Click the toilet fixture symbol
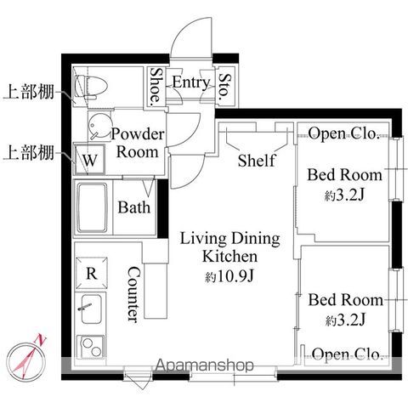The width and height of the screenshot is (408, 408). [91, 87]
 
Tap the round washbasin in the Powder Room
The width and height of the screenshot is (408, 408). [99, 126]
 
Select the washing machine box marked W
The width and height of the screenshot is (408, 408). [89, 160]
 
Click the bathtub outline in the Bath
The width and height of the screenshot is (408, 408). [93, 208]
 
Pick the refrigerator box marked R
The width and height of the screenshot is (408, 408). [92, 273]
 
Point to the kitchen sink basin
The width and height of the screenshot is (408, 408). [91, 309]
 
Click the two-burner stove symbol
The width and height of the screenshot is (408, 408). [91, 348]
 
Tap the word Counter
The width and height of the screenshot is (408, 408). [133, 295]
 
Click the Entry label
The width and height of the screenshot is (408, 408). [191, 82]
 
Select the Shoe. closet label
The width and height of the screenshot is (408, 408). [156, 85]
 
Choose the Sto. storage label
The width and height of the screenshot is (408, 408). [225, 87]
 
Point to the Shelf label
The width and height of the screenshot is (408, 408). [257, 160]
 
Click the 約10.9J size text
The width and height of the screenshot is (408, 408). [229, 276]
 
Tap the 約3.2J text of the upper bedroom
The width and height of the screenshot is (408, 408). [343, 195]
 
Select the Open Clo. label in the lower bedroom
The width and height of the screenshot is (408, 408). [347, 354]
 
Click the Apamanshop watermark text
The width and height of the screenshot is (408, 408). [205, 365]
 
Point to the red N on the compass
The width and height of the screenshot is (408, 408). [41, 339]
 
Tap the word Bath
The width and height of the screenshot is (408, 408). [134, 207]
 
